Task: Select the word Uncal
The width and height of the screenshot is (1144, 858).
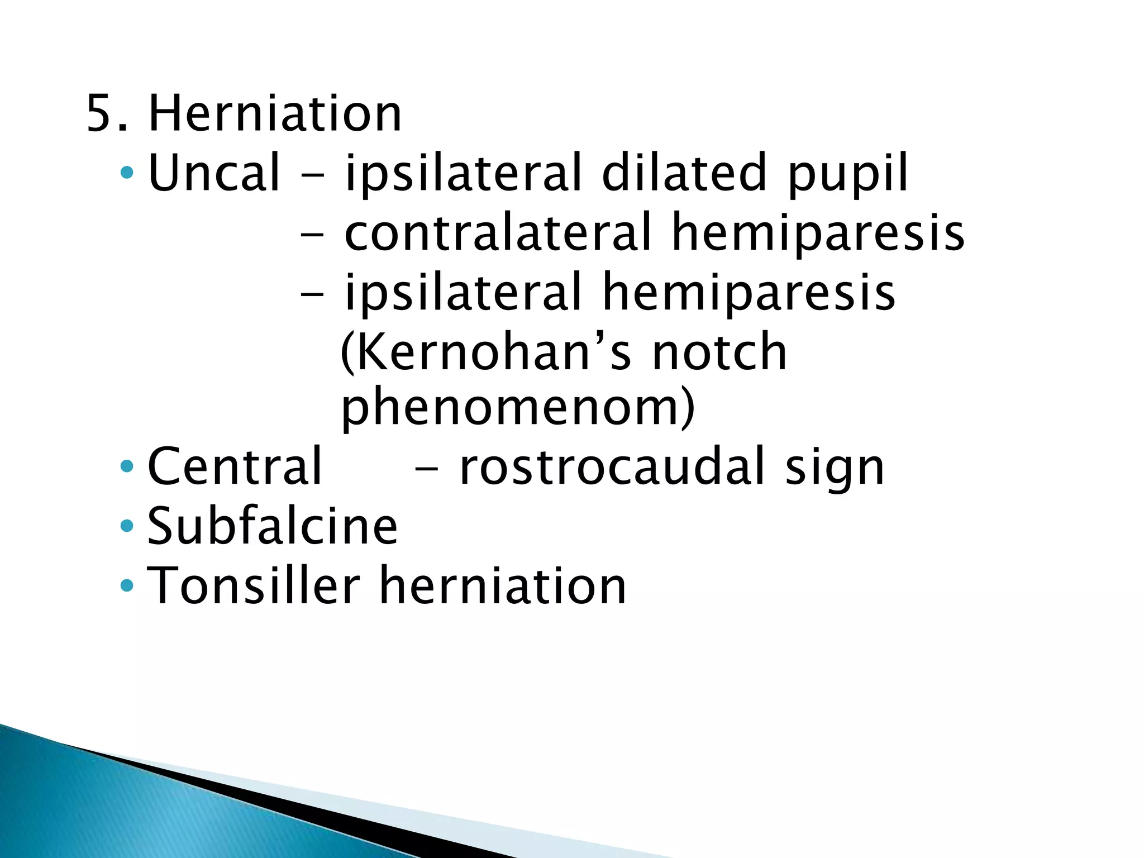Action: [213, 173]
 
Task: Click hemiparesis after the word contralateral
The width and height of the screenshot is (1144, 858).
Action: [818, 233]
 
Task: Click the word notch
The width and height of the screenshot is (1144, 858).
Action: [720, 352]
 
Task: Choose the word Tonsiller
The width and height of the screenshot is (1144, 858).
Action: [253, 585]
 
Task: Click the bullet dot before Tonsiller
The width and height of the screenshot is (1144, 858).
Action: [127, 585]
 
